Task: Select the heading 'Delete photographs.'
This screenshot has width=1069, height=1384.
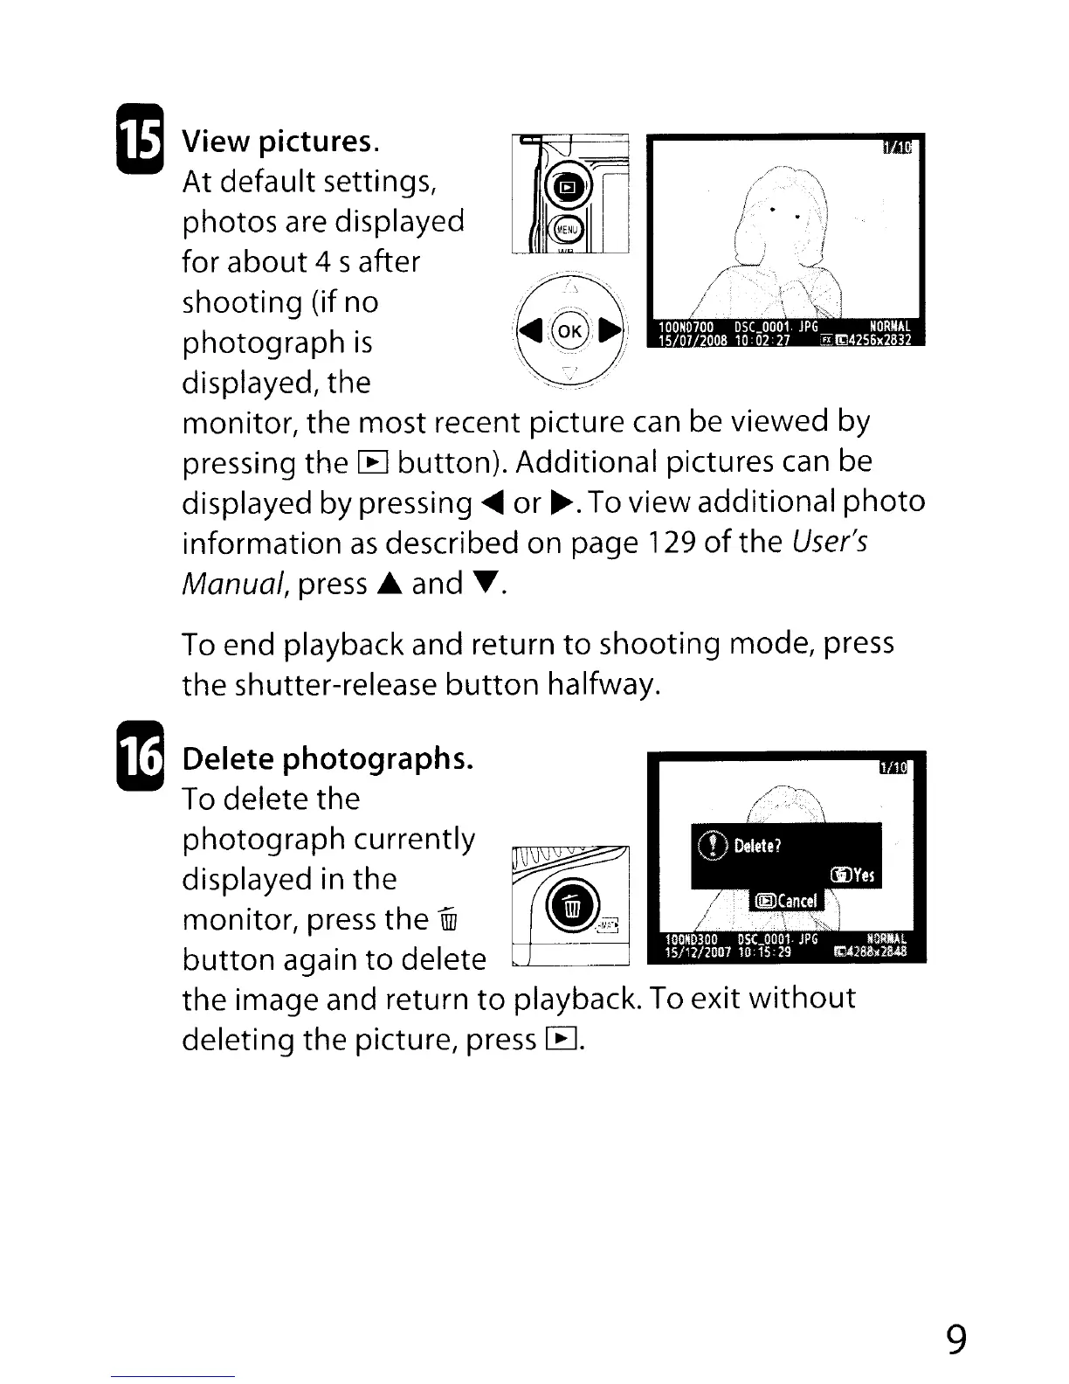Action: (x=328, y=758)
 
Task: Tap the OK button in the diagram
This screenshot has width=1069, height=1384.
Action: (x=569, y=331)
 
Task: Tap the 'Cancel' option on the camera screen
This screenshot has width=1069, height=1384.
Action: (x=788, y=901)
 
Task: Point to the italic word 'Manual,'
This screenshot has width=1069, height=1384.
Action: (x=235, y=583)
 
